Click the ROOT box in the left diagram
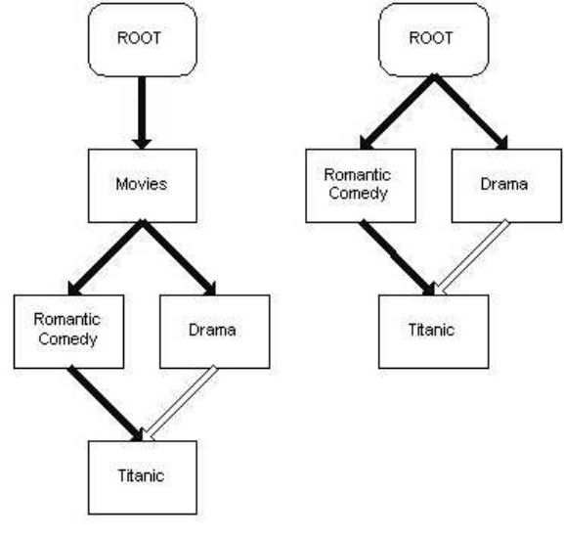click(x=143, y=39)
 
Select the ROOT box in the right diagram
click(x=434, y=39)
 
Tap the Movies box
click(x=143, y=186)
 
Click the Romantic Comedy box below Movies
click(x=69, y=332)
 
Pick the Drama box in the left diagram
click(x=215, y=332)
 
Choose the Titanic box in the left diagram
click(x=143, y=477)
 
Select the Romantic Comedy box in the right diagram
click(x=361, y=186)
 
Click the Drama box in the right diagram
click(x=506, y=186)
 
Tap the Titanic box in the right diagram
click(x=434, y=332)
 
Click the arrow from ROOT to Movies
click(x=142, y=112)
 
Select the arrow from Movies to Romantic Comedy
click(x=106, y=257)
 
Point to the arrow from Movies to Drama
click(x=179, y=257)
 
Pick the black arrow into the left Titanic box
click(x=106, y=403)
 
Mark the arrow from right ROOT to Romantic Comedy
click(x=397, y=112)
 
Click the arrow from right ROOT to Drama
click(x=470, y=112)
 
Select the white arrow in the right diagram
click(x=471, y=257)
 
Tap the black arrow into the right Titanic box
click(x=397, y=257)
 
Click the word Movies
click(x=142, y=184)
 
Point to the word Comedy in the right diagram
click(x=358, y=194)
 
